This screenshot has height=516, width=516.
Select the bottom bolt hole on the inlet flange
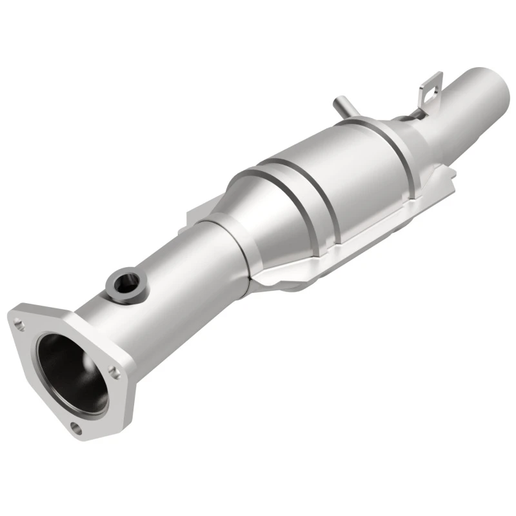(x=77, y=426)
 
